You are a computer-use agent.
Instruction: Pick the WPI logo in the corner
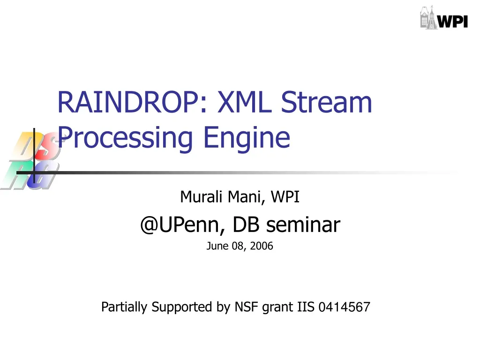[x=443, y=19]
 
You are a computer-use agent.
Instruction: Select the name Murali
[x=202, y=197]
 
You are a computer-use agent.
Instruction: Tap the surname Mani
[x=247, y=197]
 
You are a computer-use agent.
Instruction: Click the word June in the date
[x=217, y=246]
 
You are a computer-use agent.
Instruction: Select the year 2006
[x=261, y=246]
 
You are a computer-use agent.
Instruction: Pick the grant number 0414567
[x=344, y=307]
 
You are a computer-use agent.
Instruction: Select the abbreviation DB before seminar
[x=247, y=225]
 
